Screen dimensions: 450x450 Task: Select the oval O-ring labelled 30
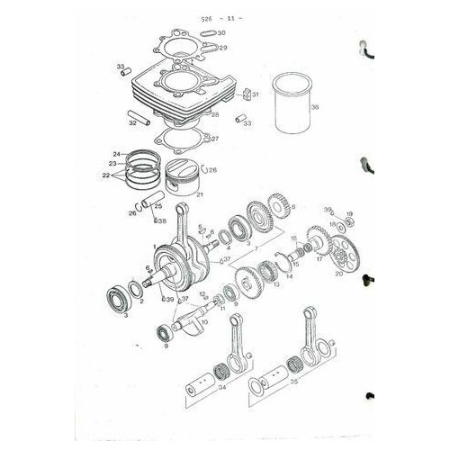point(203,32)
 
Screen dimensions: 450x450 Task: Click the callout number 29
point(222,48)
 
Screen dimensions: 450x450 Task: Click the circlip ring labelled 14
point(289,265)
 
